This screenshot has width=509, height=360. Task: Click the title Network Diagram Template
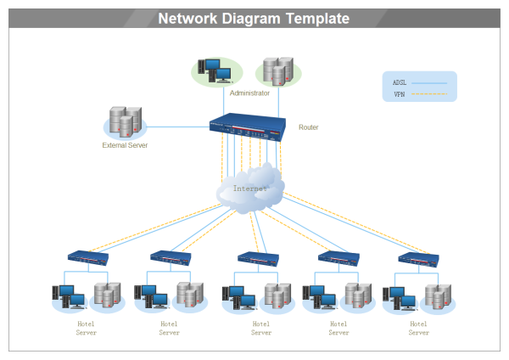(253, 19)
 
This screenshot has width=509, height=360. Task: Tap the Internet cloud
(250, 189)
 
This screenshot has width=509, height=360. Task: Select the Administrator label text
(249, 93)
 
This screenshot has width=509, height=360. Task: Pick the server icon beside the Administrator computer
(277, 71)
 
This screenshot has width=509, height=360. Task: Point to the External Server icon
(124, 123)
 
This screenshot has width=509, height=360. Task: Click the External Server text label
(125, 145)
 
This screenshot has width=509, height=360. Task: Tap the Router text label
(309, 127)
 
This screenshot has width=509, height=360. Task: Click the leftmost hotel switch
(88, 257)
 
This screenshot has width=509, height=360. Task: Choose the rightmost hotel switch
(418, 259)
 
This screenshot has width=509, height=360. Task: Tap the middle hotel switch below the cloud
(258, 258)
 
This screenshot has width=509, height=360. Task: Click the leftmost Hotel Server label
(86, 328)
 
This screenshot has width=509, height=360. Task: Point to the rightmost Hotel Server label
(418, 328)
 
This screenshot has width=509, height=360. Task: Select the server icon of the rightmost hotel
(438, 295)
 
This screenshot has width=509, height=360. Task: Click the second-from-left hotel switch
(171, 257)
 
